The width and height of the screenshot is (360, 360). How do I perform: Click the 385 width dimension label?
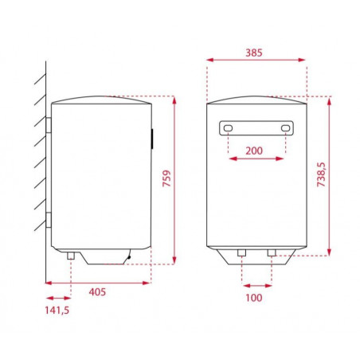(x=254, y=53)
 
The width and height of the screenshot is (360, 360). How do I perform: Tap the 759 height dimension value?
(x=167, y=178)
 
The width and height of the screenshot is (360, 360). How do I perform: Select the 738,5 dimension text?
(x=321, y=174)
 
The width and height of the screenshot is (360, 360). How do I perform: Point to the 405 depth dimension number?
(x=97, y=292)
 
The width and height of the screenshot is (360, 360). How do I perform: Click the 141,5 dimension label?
(x=57, y=310)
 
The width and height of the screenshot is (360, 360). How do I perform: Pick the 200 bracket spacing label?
(x=254, y=151)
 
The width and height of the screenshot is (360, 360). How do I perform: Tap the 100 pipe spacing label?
(x=254, y=298)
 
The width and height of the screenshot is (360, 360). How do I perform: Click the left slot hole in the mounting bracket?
(x=228, y=128)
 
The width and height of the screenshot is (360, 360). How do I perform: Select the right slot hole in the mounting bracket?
(x=285, y=128)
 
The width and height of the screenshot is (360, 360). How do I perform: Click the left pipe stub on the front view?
(x=241, y=252)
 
